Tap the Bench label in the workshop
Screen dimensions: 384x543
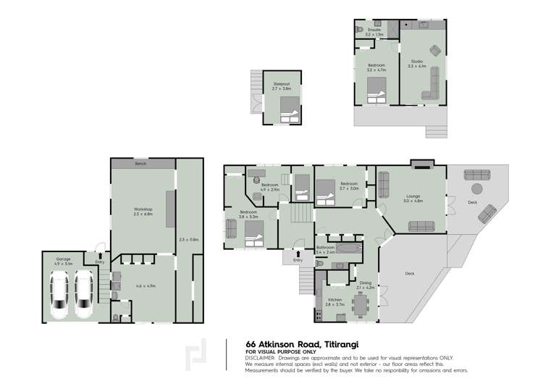[140, 164]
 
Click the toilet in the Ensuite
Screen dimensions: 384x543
[360, 30]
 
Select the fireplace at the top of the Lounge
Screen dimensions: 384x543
[419, 164]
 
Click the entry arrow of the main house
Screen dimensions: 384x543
[298, 254]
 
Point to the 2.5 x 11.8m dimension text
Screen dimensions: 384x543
[188, 238]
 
